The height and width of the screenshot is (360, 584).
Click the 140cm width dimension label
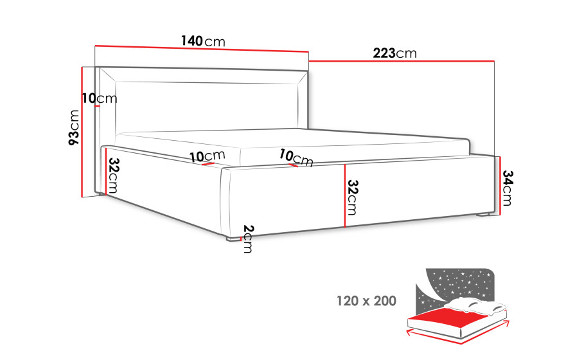[204, 41]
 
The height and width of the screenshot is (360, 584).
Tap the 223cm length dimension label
[395, 53]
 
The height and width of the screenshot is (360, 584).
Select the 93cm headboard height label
[74, 127]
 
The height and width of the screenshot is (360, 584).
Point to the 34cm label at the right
[508, 188]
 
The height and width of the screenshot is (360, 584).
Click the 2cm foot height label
[248, 239]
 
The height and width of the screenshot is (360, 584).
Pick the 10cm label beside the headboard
[100, 98]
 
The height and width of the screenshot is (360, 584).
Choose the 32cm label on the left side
[113, 175]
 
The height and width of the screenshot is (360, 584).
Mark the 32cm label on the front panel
[352, 197]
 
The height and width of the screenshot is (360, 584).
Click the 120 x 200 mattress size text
[366, 301]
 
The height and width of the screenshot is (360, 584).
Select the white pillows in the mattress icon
[476, 303]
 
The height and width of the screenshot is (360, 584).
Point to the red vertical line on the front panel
[345, 195]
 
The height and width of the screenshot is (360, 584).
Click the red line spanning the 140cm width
[202, 48]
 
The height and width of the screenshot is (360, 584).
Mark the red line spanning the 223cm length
[402, 60]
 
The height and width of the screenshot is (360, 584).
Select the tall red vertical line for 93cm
[82, 132]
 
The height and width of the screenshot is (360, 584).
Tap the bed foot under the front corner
[233, 239]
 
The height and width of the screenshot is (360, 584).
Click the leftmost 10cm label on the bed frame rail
[208, 156]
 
